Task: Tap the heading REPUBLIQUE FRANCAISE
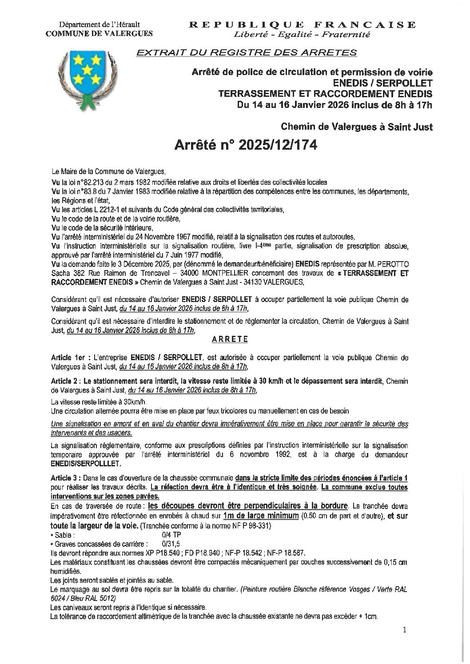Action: coord(302,24)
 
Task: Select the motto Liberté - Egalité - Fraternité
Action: coord(302,34)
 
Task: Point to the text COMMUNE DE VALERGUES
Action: coord(100,33)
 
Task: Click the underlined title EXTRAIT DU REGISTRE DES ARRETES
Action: coord(246,53)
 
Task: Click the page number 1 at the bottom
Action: coord(404,629)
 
